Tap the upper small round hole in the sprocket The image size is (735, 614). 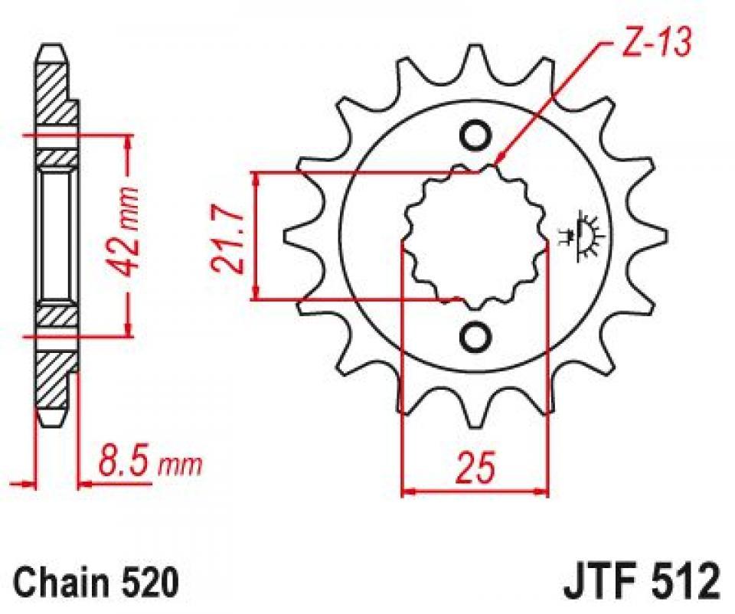[x=475, y=135]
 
